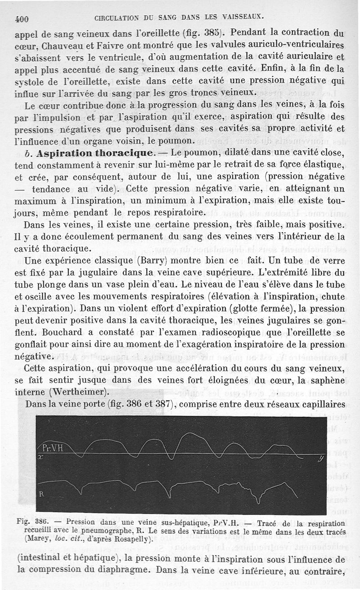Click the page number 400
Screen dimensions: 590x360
pyautogui.click(x=22, y=19)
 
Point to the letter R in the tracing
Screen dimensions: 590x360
pyautogui.click(x=41, y=493)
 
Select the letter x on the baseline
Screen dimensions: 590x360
pyautogui.click(x=40, y=456)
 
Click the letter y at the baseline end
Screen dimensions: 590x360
pyautogui.click(x=320, y=459)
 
